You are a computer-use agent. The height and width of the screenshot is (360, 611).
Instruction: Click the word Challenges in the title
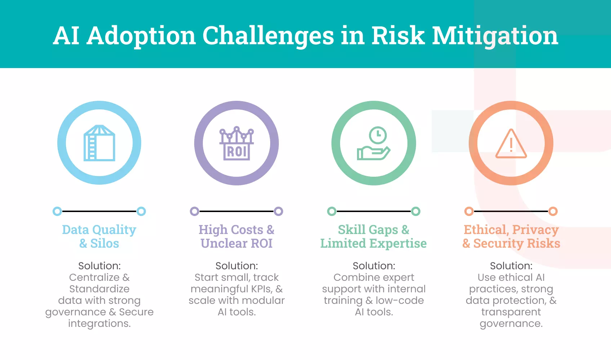(268, 36)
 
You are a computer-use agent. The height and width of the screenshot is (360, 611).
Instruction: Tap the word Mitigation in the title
(495, 36)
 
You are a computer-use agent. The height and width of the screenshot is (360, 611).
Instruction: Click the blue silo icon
(99, 143)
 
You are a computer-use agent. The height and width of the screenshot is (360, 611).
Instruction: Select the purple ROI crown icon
(237, 144)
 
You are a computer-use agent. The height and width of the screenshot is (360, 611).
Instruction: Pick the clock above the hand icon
(378, 135)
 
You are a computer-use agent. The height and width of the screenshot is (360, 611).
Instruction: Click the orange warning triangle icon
(511, 144)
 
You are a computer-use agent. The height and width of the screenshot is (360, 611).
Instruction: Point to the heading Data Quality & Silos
(99, 237)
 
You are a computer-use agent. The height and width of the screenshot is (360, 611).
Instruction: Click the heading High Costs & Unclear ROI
(237, 237)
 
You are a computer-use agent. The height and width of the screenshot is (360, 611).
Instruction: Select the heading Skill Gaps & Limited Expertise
(374, 237)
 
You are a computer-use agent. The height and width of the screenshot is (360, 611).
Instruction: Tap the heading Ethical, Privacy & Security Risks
(511, 237)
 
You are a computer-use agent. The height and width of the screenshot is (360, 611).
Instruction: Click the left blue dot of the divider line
(57, 211)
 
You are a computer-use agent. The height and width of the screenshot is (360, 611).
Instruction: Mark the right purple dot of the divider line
(278, 211)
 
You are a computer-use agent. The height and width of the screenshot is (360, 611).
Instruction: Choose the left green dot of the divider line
(332, 211)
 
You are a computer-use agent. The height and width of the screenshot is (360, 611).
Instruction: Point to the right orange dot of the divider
(553, 211)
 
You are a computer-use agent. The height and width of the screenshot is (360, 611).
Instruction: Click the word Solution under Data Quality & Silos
(99, 266)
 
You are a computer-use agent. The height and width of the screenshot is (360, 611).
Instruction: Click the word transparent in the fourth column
(511, 312)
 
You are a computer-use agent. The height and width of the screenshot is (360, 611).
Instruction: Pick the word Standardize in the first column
(99, 289)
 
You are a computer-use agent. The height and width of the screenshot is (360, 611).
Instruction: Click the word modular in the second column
(265, 301)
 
